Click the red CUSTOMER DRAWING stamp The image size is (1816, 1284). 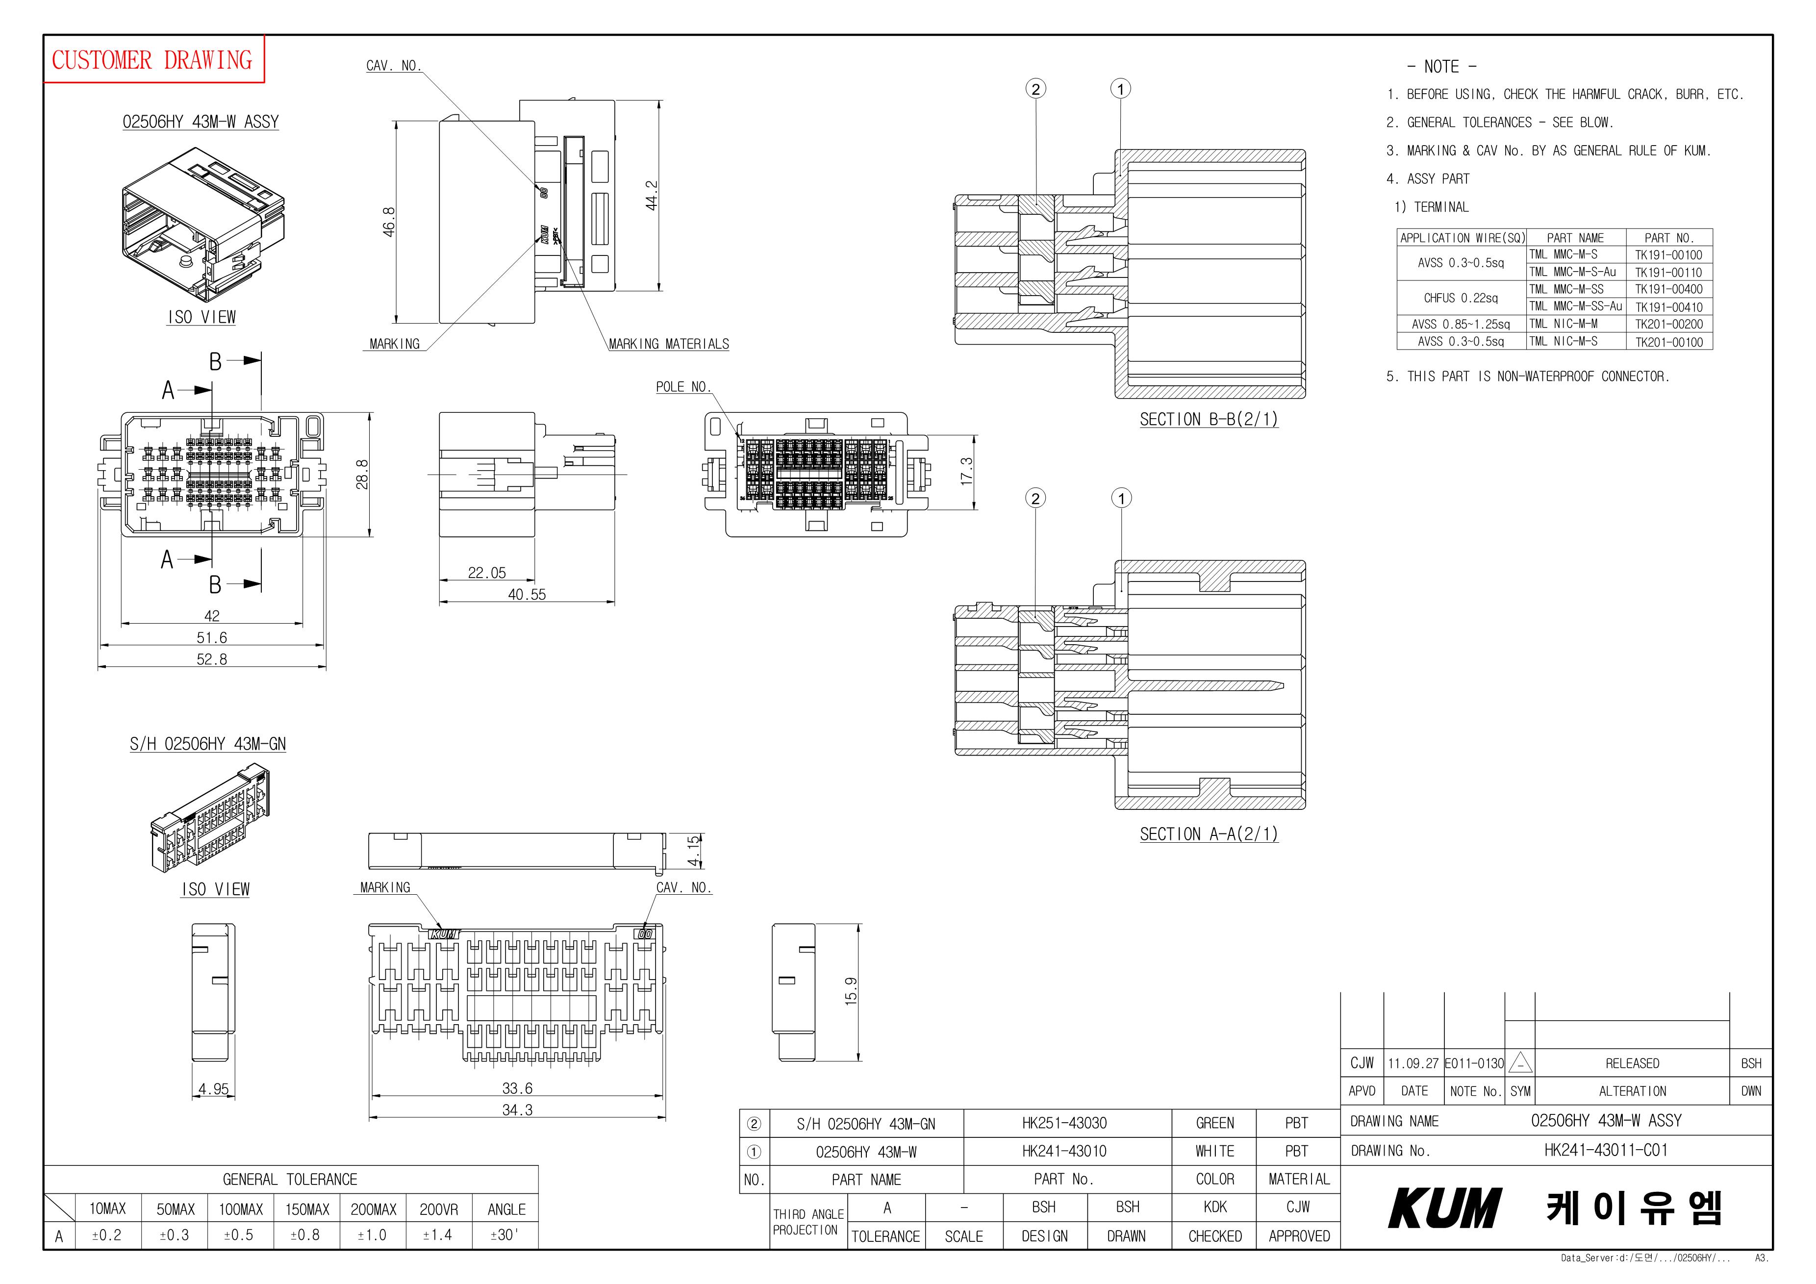[152, 59]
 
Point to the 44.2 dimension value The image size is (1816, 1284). [651, 196]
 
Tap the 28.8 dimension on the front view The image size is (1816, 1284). [362, 475]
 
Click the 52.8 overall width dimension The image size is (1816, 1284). [212, 659]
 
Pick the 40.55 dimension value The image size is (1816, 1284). [527, 594]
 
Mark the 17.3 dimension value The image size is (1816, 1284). [966, 472]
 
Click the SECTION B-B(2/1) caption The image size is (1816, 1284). [1209, 419]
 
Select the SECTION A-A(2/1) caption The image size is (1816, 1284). [1209, 834]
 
